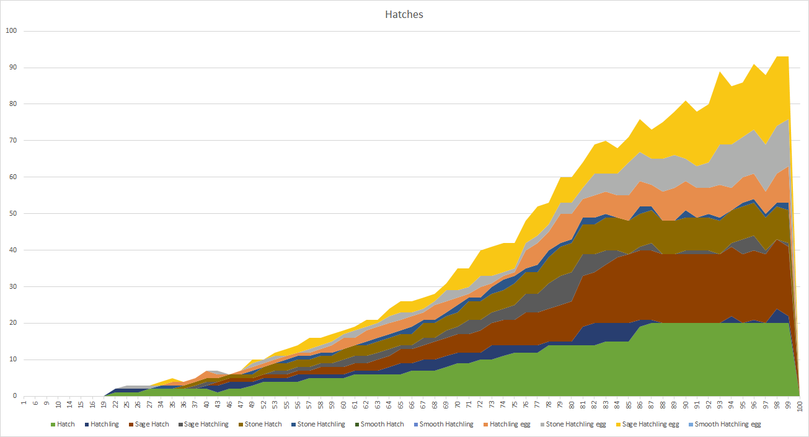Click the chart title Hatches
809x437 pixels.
pyautogui.click(x=404, y=14)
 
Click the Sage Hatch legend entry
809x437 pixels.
pyautogui.click(x=146, y=424)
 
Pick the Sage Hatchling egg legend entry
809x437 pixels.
pyautogui.click(x=645, y=424)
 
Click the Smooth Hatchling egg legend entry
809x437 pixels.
pyautogui.click(x=727, y=424)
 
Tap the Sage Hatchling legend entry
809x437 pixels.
pyautogui.click(x=203, y=424)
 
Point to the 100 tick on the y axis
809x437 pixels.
pyautogui.click(x=11, y=31)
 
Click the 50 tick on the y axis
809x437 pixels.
pyautogui.click(x=13, y=214)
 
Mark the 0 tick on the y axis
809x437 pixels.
pyautogui.click(x=15, y=396)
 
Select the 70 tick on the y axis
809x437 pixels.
pyautogui.click(x=13, y=141)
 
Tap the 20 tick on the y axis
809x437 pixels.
pyautogui.click(x=13, y=323)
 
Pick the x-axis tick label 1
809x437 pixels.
pyautogui.click(x=24, y=404)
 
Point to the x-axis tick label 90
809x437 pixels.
pyautogui.click(x=686, y=404)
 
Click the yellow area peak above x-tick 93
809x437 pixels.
pyautogui.click(x=720, y=73)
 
